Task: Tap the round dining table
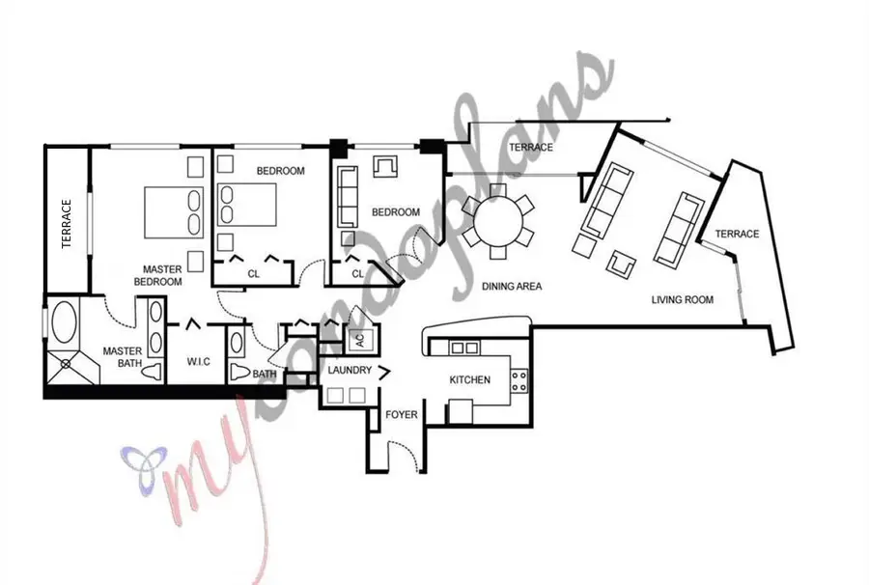point(497,220)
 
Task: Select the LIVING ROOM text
point(682,300)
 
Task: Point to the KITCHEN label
point(470,380)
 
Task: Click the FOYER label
point(402,415)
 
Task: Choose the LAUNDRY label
point(350,371)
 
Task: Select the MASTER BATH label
point(123,357)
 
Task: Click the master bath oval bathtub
point(65,323)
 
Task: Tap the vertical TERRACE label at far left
point(67,224)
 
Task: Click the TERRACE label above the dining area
point(531,148)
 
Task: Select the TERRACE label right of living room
point(736,235)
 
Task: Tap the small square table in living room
point(620,262)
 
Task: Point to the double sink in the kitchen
point(464,348)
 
